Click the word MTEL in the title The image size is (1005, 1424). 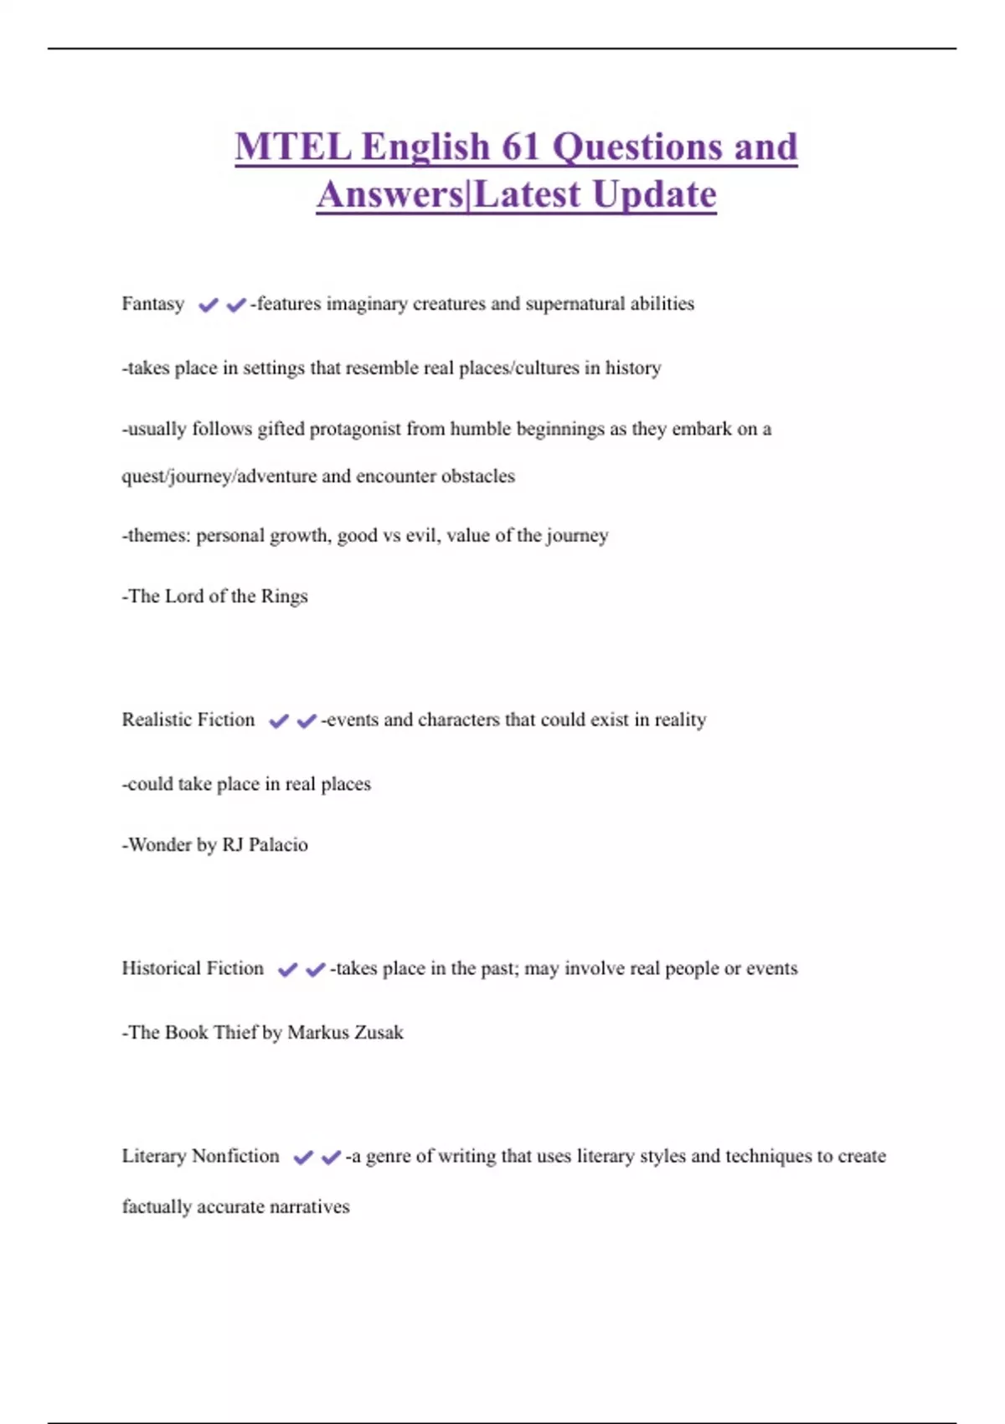[293, 147]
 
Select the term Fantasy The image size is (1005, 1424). [152, 303]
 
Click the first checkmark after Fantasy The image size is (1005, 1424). [208, 305]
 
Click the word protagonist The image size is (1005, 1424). [356, 429]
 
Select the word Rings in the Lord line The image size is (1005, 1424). [284, 596]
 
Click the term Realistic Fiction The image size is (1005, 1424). [188, 720]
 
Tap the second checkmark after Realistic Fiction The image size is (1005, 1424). [307, 720]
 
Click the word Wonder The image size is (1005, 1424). [160, 844]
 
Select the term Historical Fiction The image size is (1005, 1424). [193, 968]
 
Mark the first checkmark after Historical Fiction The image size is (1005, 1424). [287, 969]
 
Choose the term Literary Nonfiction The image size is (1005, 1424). [200, 1156]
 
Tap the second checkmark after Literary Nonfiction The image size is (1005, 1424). [331, 1157]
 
